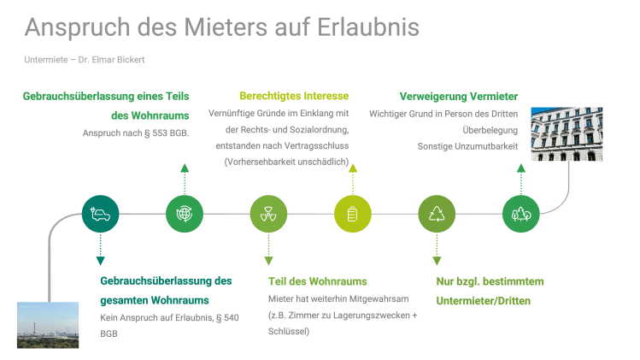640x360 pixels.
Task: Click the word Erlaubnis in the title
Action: click(x=368, y=27)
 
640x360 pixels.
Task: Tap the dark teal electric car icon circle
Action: click(x=100, y=214)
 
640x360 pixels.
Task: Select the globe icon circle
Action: click(x=185, y=214)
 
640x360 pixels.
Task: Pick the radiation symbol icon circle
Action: click(x=268, y=214)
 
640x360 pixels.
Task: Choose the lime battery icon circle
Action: click(x=353, y=214)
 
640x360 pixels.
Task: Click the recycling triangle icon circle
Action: click(x=437, y=214)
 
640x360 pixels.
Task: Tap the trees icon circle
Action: click(x=521, y=214)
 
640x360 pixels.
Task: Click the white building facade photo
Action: click(x=567, y=133)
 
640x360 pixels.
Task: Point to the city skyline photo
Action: click(x=48, y=324)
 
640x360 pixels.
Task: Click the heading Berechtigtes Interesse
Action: click(x=294, y=96)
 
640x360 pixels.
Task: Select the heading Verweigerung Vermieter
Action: click(x=459, y=96)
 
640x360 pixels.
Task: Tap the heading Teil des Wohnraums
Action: click(x=317, y=281)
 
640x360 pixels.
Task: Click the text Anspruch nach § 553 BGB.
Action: click(x=136, y=133)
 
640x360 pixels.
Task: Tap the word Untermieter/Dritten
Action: click(x=483, y=301)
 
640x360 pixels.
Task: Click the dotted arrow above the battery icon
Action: click(x=353, y=178)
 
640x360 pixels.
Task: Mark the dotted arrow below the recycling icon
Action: click(x=437, y=249)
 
